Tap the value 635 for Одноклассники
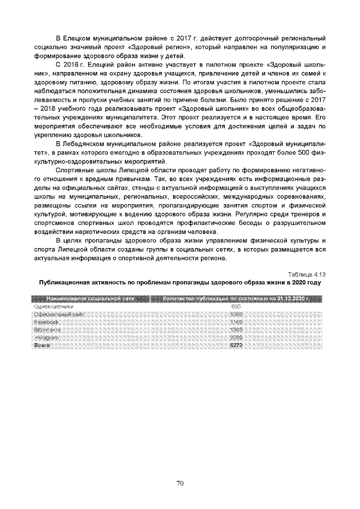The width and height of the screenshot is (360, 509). pos(236,306)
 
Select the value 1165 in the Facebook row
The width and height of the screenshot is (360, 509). pos(236,322)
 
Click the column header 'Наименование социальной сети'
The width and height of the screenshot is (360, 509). pos(90,298)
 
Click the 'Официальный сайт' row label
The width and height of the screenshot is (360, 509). pos(59,314)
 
